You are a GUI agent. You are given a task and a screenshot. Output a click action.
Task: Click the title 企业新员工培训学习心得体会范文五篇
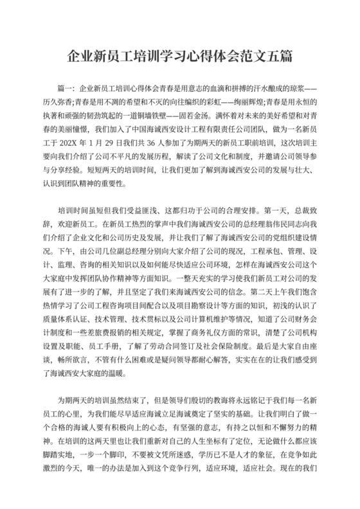(x=180, y=57)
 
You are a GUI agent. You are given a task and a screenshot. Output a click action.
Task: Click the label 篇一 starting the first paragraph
(x=66, y=86)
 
